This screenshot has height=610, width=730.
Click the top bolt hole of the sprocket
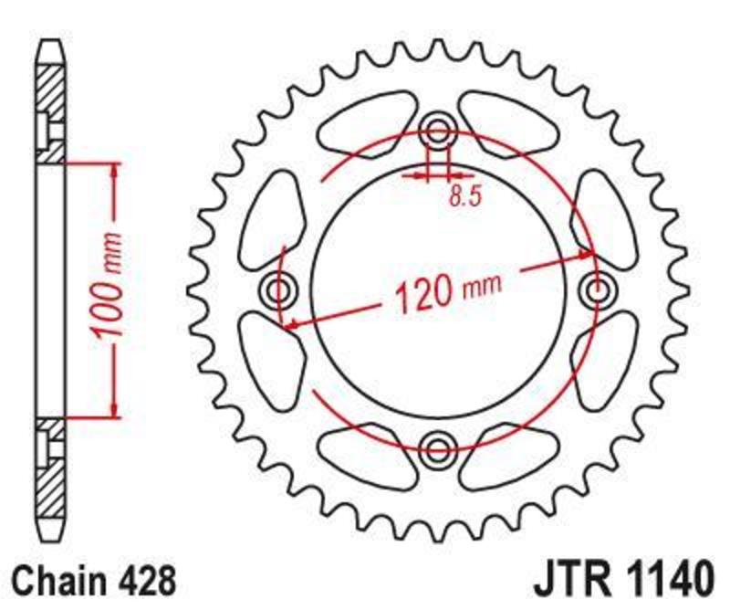pos(438,131)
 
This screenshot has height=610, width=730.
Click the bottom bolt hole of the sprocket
pos(438,449)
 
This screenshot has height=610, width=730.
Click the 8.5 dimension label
pos(464,196)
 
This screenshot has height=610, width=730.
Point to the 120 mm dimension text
pos(449,290)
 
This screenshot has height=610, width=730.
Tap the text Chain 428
pos(94,581)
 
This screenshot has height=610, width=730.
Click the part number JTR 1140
pos(623,580)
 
